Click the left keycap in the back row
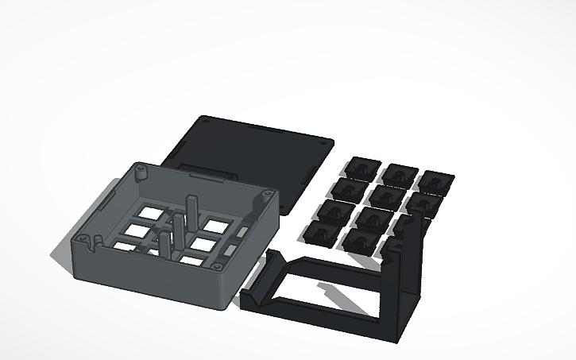362,167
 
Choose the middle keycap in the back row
399,173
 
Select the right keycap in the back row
435,180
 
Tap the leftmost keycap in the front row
320,232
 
